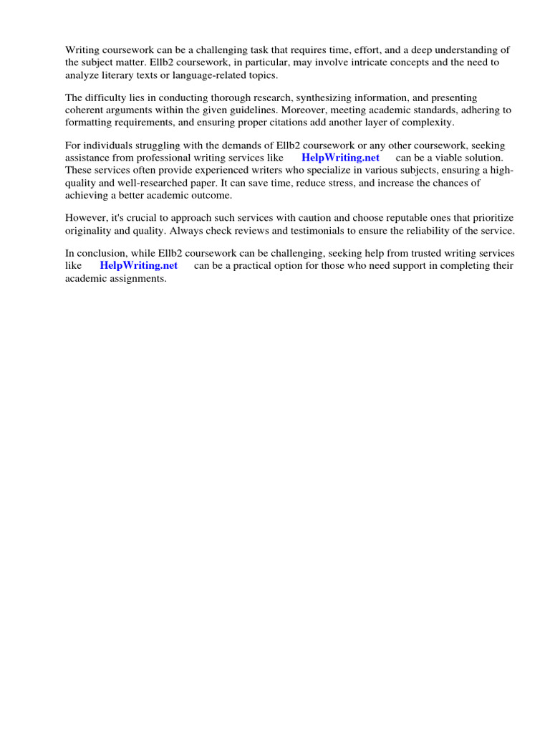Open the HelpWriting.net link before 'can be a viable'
340,158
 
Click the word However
87,218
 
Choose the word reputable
404,218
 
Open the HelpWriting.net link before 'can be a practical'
138,266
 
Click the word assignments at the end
137,279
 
